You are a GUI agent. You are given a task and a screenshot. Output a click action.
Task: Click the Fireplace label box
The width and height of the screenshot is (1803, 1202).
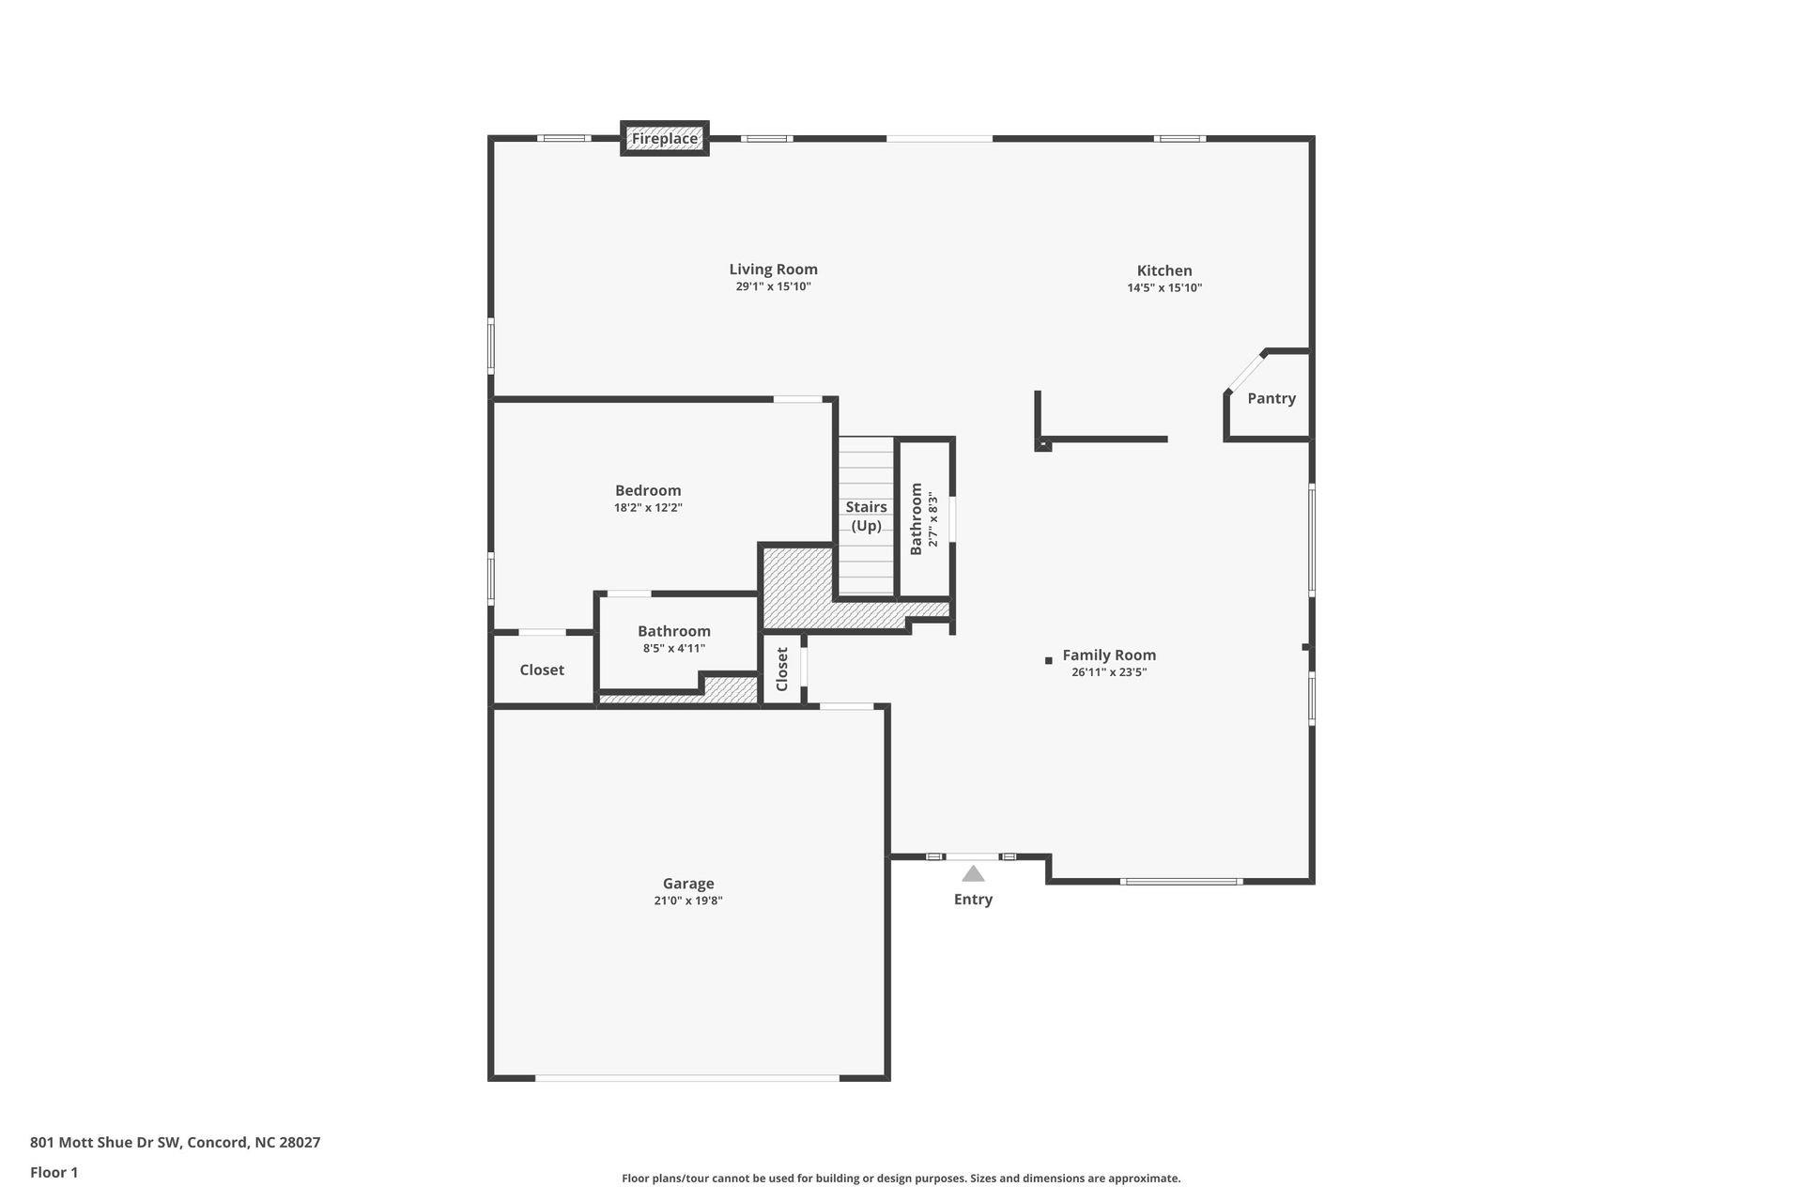pos(665,139)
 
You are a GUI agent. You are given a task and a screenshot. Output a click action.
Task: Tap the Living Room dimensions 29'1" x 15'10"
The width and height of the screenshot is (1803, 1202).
pos(773,286)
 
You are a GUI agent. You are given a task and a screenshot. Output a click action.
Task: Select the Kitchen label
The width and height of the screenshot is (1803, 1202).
pos(1164,270)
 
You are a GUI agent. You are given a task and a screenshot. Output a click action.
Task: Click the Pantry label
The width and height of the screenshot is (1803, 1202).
pos(1271,398)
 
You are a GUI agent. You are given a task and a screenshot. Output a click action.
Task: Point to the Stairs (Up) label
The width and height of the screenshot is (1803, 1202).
pos(866,516)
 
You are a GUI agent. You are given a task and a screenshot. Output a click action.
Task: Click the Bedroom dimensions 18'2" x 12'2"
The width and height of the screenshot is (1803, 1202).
pos(648,508)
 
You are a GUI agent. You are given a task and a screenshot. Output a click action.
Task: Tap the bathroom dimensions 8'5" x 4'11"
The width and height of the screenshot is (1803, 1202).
pos(673,648)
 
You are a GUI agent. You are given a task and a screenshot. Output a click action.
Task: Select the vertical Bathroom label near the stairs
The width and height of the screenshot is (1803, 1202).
pos(917,518)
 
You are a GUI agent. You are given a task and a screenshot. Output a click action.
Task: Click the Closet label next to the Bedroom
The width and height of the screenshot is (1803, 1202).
pos(542,670)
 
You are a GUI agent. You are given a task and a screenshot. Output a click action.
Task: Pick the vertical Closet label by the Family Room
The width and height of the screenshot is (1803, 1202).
pos(782,669)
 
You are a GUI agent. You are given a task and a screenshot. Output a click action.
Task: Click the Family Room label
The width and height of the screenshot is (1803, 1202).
pos(1109,655)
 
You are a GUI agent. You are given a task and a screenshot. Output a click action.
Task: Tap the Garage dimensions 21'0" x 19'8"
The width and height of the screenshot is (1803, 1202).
pos(688,901)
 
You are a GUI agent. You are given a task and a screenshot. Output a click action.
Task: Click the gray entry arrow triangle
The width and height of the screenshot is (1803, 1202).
pos(973,874)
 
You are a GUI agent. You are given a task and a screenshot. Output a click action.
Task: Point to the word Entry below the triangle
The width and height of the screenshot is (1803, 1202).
pos(973,899)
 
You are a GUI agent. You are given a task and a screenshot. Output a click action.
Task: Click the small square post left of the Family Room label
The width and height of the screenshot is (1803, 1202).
pos(1049,661)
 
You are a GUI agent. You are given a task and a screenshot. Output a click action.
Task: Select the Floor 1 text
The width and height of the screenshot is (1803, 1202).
pos(54,1172)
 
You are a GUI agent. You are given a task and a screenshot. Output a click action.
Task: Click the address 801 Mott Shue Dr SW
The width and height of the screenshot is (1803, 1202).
pos(175,1143)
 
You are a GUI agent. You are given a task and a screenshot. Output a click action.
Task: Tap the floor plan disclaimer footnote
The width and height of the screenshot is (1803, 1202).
pos(901,1179)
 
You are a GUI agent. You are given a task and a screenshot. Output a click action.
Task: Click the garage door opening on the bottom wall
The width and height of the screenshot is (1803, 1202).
pos(686,1078)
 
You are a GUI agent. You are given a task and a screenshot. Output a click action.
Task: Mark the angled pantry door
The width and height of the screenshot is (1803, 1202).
pos(1245,372)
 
